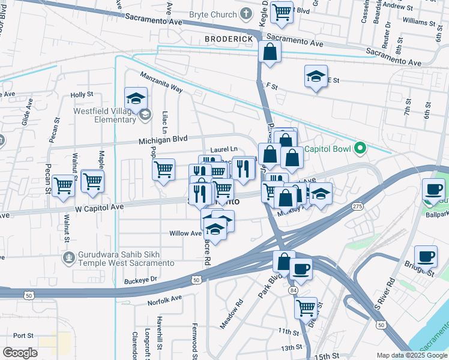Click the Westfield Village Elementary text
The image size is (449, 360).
tap(105, 115)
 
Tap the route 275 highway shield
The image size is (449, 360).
tap(358, 206)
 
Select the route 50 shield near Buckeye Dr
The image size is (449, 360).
tap(196, 280)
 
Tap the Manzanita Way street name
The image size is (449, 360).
tap(161, 82)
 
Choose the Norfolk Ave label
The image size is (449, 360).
tap(165, 299)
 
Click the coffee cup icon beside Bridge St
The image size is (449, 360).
tap(426, 256)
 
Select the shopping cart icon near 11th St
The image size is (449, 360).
tap(306, 307)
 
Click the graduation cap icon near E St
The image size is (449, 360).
tap(316, 76)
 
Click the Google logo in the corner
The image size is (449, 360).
tap(20, 352)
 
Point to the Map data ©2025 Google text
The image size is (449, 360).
tap(412, 355)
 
